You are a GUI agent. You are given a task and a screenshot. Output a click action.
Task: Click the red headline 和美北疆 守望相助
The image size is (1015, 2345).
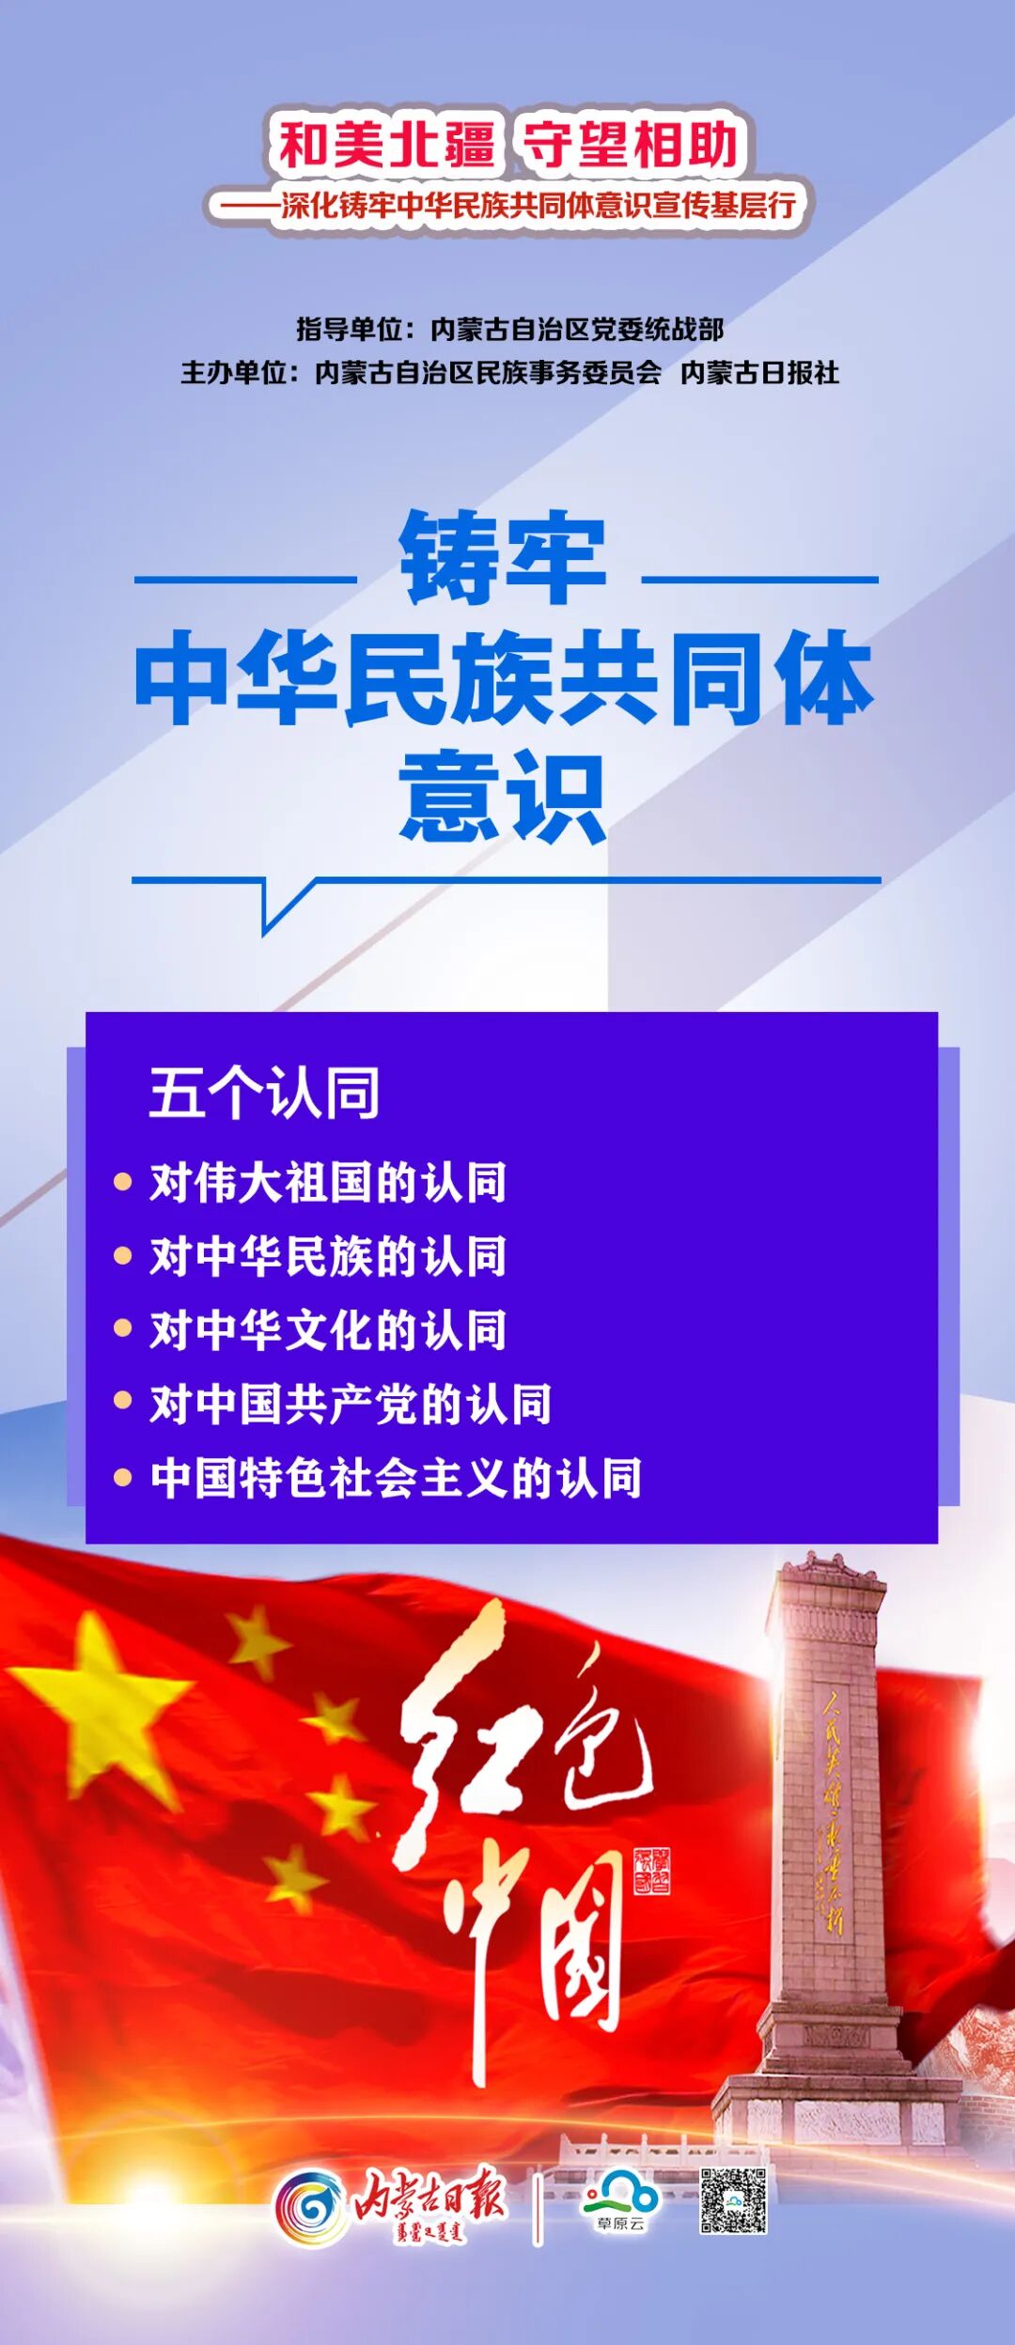click(x=507, y=145)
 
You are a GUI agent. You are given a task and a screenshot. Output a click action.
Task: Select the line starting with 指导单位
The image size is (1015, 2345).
click(x=509, y=329)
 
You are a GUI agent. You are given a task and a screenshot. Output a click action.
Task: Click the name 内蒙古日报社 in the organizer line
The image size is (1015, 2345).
click(x=759, y=373)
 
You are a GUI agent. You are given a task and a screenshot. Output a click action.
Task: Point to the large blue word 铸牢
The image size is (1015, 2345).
click(x=504, y=558)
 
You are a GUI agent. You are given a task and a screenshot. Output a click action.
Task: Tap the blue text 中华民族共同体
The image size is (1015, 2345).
click(x=506, y=678)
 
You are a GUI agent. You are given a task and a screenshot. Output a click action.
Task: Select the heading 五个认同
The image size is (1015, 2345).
click(x=264, y=1093)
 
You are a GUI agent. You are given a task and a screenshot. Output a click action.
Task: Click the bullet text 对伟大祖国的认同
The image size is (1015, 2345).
click(x=328, y=1182)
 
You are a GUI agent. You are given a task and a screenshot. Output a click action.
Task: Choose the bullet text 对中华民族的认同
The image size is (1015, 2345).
click(x=328, y=1256)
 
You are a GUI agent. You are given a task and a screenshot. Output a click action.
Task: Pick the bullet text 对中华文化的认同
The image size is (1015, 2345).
click(x=328, y=1330)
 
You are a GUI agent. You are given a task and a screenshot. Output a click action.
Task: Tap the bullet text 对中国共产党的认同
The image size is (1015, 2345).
click(x=351, y=1404)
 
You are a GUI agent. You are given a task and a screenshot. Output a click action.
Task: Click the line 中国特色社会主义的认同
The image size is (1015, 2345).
click(x=396, y=1478)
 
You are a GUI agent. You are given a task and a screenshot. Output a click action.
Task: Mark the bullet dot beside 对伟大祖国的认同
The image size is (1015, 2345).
click(x=122, y=1182)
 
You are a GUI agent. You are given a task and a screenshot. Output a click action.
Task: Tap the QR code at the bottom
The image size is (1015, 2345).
click(x=733, y=2200)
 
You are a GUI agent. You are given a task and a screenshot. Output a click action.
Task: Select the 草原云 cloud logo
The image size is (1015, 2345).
click(x=620, y=2198)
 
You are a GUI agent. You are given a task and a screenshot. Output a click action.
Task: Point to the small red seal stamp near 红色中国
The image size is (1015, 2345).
click(x=651, y=1870)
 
